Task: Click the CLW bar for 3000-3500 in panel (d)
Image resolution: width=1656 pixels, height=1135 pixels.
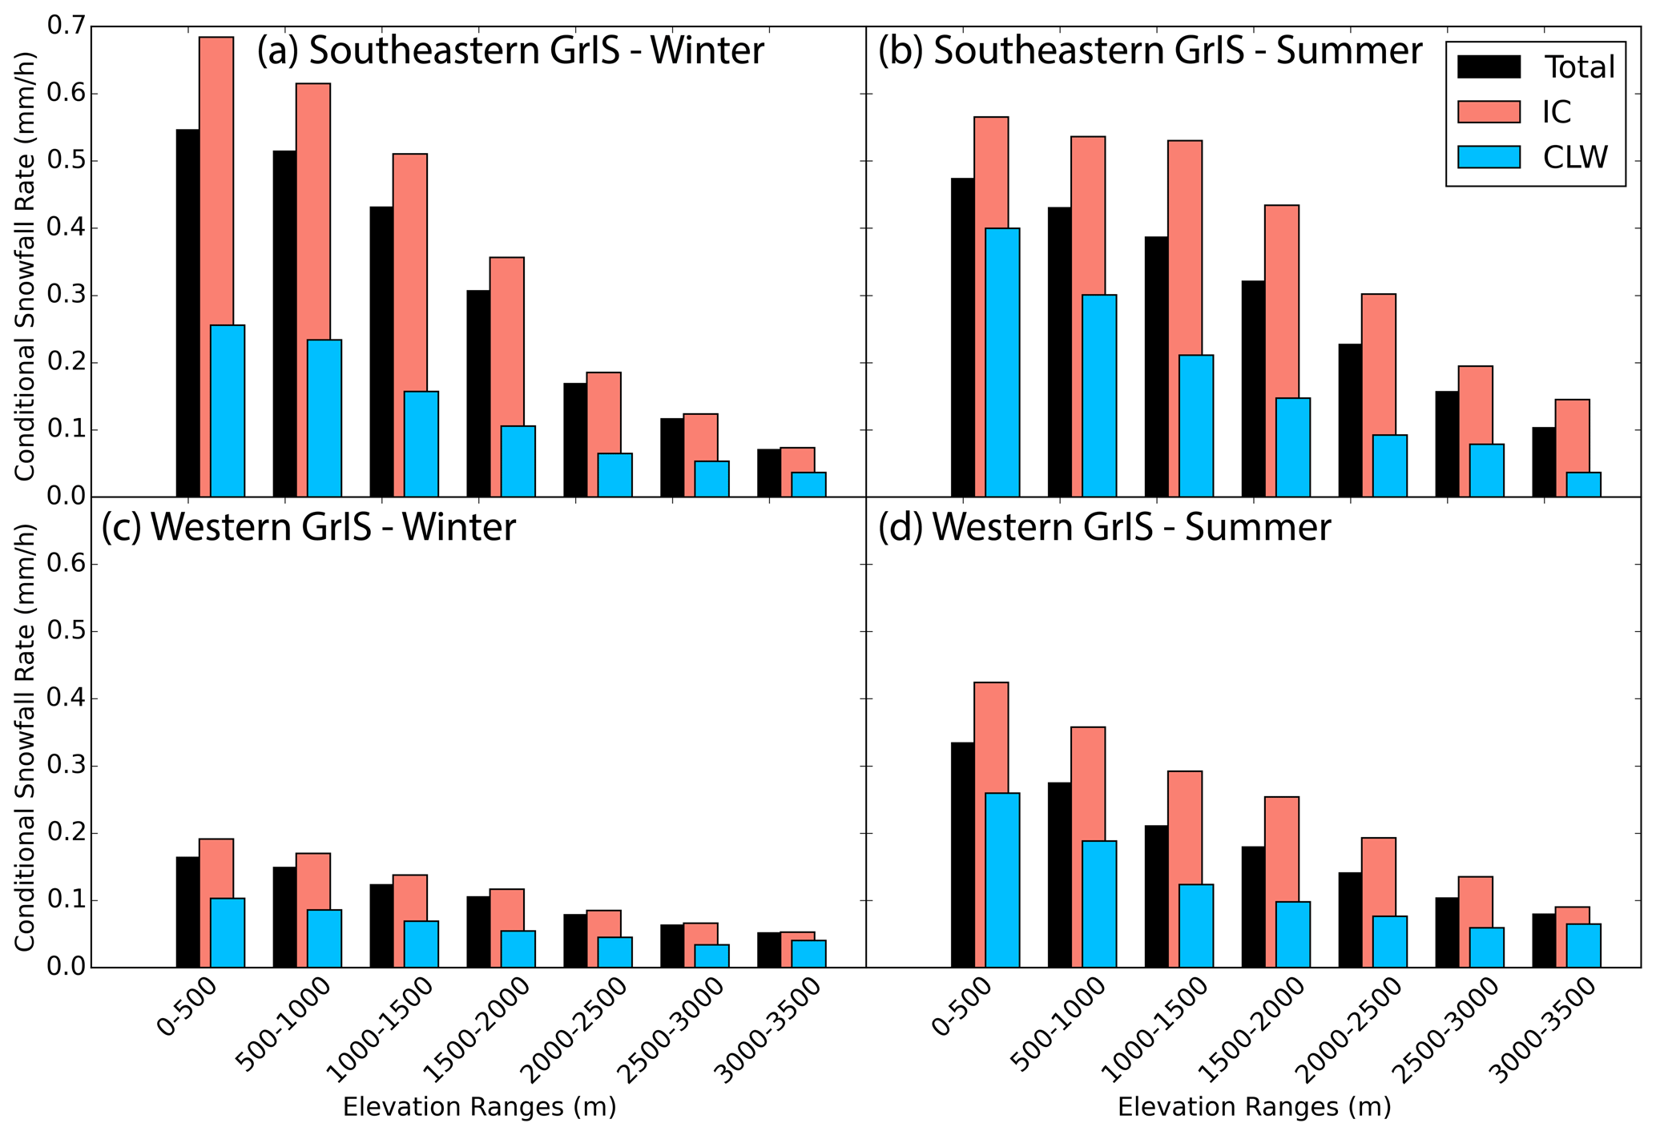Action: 1583,945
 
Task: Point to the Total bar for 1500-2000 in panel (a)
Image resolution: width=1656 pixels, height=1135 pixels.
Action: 478,392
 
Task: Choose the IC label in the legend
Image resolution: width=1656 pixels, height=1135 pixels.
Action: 1557,112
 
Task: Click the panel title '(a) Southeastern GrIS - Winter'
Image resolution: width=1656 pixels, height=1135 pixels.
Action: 510,51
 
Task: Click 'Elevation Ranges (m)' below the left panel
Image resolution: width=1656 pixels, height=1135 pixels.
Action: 479,1107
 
